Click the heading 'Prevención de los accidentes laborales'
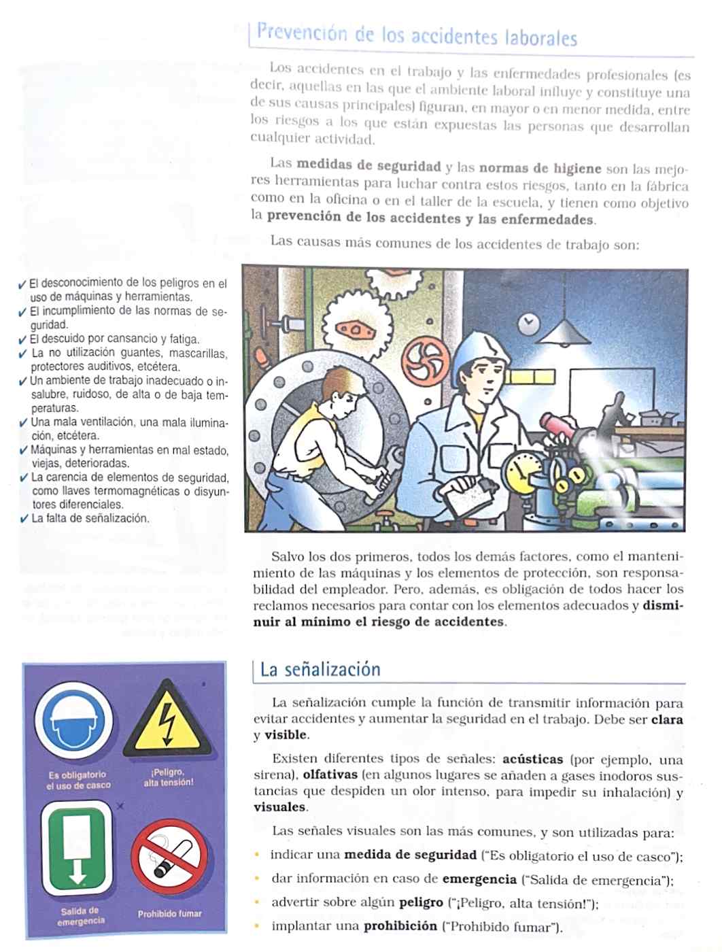(417, 35)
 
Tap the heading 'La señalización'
(320, 669)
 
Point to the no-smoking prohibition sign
(169, 859)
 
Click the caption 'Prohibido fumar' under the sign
(170, 914)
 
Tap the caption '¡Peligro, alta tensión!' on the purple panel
(168, 777)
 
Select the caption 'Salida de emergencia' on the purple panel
(80, 916)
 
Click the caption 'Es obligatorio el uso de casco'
(78, 780)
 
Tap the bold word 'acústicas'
(532, 759)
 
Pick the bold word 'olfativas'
(329, 775)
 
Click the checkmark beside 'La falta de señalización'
(24, 519)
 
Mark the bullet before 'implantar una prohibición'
(257, 925)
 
